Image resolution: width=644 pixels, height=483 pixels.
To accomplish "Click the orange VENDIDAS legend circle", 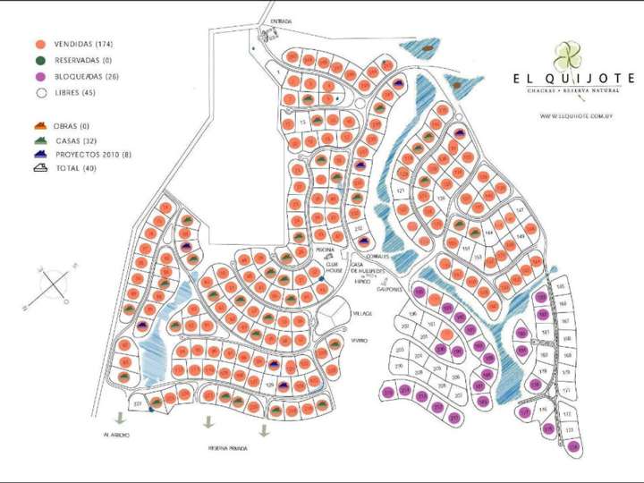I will pyautogui.click(x=40, y=44).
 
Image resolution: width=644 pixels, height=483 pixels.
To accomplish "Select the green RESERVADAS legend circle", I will pyautogui.click(x=40, y=60).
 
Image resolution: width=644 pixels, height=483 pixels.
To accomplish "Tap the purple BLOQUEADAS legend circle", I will pyautogui.click(x=40, y=76).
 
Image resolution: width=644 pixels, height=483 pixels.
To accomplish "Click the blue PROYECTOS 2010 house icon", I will pyautogui.click(x=39, y=154).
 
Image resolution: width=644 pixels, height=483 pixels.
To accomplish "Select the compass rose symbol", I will pyautogui.click(x=55, y=284).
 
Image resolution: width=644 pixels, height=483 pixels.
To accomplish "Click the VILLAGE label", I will pyautogui.click(x=361, y=314).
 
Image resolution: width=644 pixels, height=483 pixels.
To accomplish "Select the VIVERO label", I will pyautogui.click(x=359, y=340).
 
